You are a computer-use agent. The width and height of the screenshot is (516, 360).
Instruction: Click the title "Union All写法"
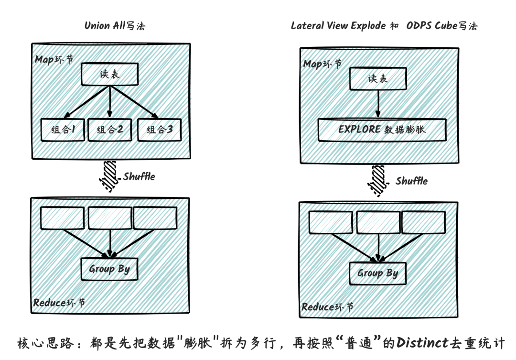115,26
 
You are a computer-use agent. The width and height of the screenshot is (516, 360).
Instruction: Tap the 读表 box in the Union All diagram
109,75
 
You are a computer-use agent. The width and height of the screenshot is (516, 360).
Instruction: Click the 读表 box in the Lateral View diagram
378,78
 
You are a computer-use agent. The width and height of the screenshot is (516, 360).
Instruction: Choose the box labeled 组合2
109,129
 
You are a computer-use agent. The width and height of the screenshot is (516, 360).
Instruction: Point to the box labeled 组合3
159,129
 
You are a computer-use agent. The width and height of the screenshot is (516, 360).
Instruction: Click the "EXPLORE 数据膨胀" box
382,130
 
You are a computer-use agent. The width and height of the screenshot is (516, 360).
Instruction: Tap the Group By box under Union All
109,269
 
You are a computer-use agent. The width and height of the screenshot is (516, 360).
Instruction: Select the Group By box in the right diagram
378,273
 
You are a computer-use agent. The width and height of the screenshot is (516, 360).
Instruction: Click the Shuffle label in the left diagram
139,176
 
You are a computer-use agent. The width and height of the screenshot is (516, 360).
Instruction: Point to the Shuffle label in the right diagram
411,181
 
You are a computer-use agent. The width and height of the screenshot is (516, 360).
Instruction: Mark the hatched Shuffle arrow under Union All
109,176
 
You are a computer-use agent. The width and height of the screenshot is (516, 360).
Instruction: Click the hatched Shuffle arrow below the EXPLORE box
378,179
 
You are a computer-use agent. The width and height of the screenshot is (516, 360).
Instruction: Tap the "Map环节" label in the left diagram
54,60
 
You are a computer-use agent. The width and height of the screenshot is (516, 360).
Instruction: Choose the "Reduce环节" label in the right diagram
328,307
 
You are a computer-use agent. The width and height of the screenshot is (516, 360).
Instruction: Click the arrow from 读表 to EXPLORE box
378,103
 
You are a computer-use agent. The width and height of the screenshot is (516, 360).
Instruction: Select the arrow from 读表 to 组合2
109,101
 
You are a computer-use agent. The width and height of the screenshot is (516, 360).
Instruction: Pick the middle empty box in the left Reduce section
109,218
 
